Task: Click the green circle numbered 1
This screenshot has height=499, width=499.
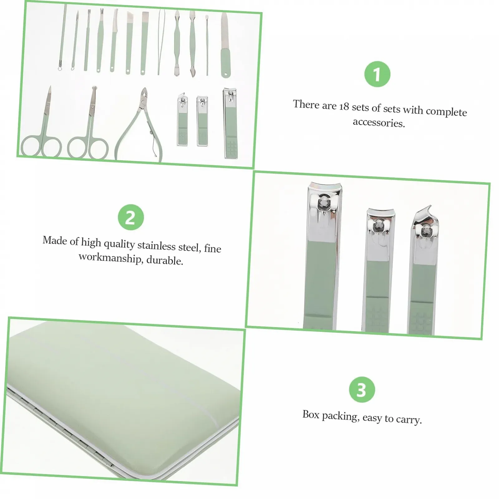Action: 377,74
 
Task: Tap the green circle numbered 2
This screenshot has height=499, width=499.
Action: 131,217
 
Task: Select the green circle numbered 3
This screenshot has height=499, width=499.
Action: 362,390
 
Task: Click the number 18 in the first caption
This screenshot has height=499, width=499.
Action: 344,106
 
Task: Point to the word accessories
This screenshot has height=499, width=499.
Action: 379,123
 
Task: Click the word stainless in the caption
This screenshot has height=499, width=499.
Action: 156,245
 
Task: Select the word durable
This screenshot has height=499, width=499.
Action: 165,260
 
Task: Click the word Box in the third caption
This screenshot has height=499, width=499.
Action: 311,414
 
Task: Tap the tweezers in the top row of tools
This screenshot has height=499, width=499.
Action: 161,42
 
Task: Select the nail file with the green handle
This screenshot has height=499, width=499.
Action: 227,45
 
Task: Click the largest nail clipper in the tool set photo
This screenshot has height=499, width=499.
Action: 230,123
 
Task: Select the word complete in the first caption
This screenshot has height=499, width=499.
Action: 446,112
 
